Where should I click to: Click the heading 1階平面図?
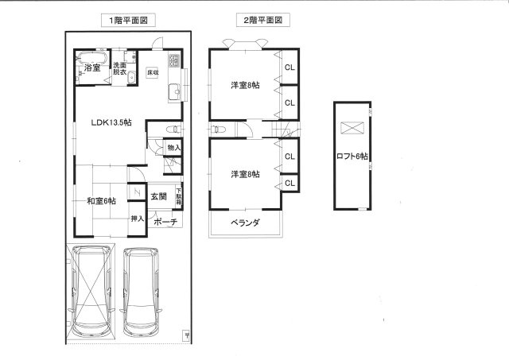tap(128, 21)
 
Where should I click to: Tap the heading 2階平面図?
tap(261, 21)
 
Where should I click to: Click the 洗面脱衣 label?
tap(119, 68)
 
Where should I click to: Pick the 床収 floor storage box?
tap(152, 73)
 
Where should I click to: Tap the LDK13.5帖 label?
tap(111, 122)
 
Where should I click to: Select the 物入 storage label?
tap(174, 148)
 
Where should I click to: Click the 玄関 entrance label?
tap(158, 196)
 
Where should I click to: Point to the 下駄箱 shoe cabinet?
tap(180, 196)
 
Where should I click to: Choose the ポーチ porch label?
tap(165, 222)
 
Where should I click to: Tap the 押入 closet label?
tap(137, 218)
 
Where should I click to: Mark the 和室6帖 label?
tap(101, 200)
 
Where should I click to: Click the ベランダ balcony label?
tap(247, 223)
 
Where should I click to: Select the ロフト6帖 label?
tap(352, 157)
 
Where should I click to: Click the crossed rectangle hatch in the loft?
tap(352, 126)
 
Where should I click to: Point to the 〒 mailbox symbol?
tap(185, 335)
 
